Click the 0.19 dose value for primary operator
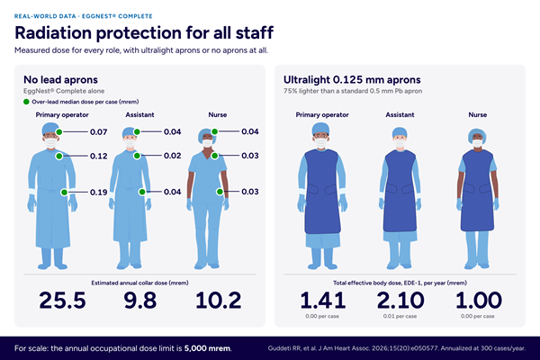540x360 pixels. (98, 193)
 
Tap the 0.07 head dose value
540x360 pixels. (98, 132)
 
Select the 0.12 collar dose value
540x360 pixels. (98, 156)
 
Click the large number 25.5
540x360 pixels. (62, 300)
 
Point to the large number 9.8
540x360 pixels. (140, 300)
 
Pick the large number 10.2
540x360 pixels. (219, 300)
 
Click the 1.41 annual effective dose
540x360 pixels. (323, 300)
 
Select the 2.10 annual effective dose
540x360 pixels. (400, 300)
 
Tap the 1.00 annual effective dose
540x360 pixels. (479, 300)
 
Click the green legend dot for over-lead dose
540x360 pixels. (26, 102)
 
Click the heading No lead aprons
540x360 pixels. (60, 79)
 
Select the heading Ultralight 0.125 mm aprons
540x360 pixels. (352, 79)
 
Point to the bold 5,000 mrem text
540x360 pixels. (207, 348)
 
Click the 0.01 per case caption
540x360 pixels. (400, 316)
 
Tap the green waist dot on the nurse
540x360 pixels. (220, 192)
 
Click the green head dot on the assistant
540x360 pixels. (137, 131)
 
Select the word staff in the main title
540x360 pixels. (255, 32)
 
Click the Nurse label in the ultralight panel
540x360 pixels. (477, 114)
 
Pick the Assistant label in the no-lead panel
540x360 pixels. (139, 114)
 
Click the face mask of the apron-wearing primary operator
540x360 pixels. (321, 142)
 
